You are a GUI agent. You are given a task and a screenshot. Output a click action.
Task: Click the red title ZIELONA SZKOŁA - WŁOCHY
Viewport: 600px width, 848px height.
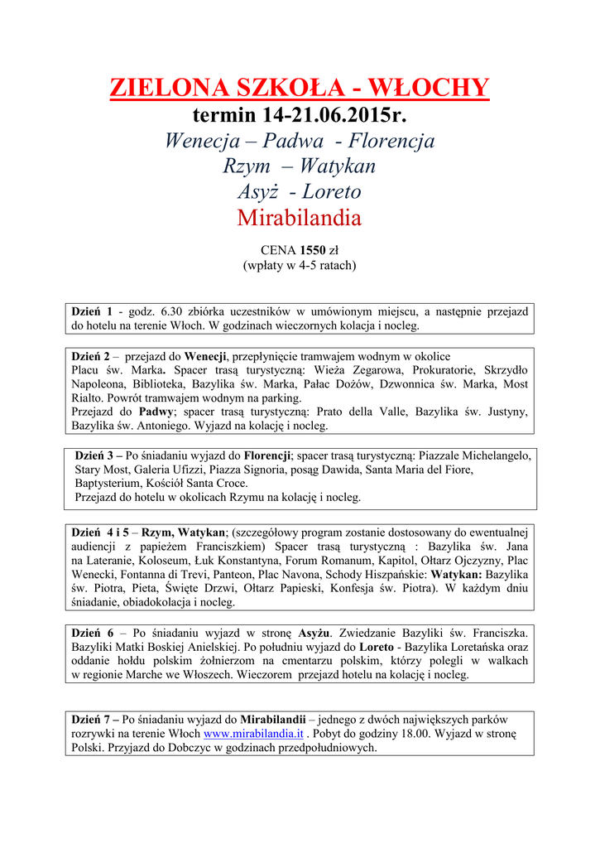pos(300,88)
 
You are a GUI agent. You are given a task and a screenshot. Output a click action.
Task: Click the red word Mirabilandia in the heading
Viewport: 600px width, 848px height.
pos(300,218)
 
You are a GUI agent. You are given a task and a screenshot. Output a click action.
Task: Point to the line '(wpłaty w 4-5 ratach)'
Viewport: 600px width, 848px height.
pos(300,265)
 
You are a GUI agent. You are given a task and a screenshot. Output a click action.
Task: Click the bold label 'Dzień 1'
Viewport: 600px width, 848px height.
pos(92,311)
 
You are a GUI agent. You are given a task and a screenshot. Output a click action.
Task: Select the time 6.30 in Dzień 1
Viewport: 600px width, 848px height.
pos(170,311)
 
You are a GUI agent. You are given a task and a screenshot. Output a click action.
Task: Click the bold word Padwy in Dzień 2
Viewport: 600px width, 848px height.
pos(156,412)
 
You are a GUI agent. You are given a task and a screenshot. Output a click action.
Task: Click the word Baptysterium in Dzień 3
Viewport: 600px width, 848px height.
pos(108,483)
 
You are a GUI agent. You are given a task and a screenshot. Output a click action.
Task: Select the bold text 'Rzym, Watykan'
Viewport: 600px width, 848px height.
pos(184,532)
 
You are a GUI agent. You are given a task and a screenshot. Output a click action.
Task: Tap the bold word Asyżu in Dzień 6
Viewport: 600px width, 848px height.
pos(314,632)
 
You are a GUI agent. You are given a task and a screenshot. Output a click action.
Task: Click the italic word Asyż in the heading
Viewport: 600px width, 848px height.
pos(257,191)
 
